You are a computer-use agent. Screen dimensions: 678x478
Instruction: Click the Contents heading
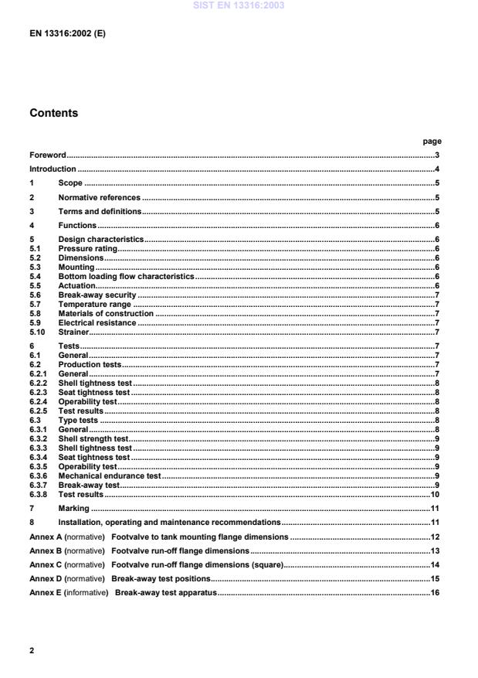[53, 113]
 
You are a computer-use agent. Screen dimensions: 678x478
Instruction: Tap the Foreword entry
[48, 155]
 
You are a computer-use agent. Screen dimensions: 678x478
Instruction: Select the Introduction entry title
[53, 169]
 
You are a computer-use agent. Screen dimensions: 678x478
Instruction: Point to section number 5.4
[35, 276]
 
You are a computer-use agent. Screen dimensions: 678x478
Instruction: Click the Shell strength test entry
[93, 438]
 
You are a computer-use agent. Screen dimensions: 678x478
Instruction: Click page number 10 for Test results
[435, 494]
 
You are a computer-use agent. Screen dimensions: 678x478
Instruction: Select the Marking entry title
[74, 508]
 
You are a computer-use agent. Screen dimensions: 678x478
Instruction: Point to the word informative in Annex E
[86, 593]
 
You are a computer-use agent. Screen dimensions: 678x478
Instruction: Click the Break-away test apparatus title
[166, 593]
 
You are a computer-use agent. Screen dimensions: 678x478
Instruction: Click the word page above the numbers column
[432, 141]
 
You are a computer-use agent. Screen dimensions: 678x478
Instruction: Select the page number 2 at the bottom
[32, 650]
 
